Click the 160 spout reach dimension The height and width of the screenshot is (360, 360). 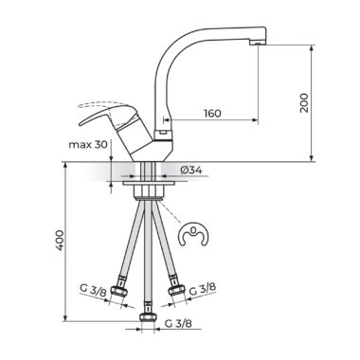pos(212,114)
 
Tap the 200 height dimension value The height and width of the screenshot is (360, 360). pos(304,103)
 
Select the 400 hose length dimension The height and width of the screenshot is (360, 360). pos(60,241)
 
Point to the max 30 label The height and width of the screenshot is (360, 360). pos(88,145)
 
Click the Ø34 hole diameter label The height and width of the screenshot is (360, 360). pos(191,170)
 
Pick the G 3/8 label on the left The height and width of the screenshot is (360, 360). pos(93,290)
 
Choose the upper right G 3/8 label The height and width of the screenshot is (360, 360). pos(203,289)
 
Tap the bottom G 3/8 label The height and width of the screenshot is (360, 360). pos(178,323)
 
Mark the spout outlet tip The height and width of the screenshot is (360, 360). pos(259,43)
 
